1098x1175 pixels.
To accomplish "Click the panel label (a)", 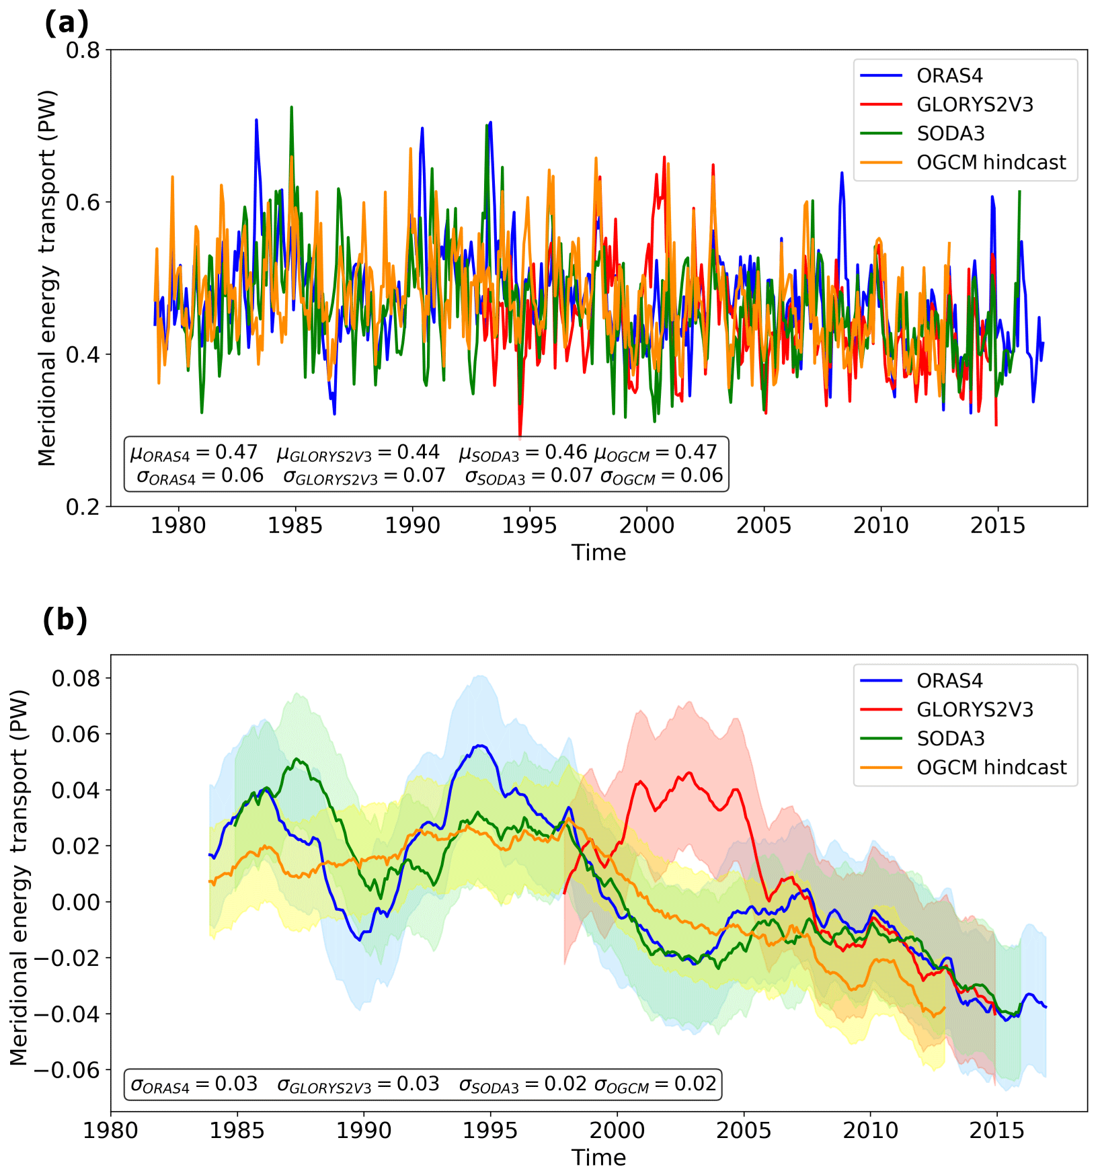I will (66, 24).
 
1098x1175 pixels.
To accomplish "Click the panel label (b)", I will (65, 619).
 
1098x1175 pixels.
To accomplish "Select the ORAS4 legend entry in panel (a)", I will (949, 76).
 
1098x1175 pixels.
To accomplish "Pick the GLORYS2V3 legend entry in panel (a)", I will (974, 105).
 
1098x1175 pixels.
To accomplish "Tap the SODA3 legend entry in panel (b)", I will (950, 738).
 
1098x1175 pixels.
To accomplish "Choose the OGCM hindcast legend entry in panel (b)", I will (991, 767).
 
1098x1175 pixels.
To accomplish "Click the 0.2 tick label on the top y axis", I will (83, 506).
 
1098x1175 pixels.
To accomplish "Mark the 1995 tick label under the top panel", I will (529, 526).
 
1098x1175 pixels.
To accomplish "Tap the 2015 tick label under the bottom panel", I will (996, 1131).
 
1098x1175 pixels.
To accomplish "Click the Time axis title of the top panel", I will (598, 553).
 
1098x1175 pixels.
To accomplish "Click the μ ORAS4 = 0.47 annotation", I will (194, 452).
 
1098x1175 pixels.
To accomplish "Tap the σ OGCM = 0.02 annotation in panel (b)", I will (655, 1084).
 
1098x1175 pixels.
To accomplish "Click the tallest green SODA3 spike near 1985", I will (291, 107).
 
